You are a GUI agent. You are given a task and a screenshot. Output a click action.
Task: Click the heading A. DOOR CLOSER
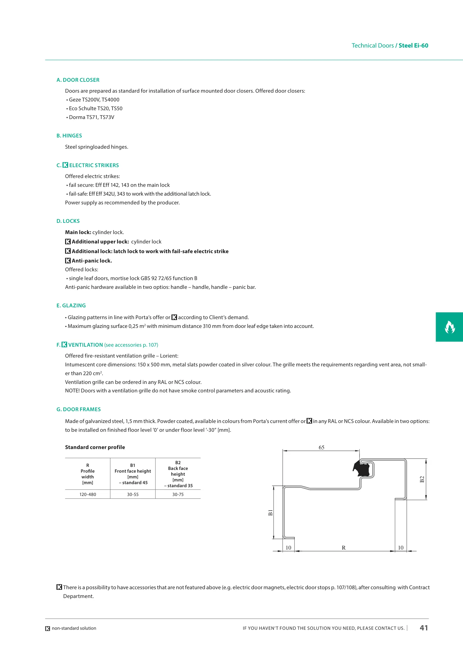pyautogui.click(x=78, y=80)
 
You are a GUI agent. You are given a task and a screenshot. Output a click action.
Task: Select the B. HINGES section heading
pyautogui.click(x=69, y=136)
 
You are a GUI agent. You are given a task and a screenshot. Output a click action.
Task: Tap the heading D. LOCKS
pyautogui.click(x=68, y=221)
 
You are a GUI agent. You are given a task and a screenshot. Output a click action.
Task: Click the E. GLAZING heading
pyautogui.click(x=71, y=306)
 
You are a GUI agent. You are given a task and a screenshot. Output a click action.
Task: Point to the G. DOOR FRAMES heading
pyautogui.click(x=79, y=409)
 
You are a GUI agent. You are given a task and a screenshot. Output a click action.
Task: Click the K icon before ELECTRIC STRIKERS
pyautogui.click(x=65, y=165)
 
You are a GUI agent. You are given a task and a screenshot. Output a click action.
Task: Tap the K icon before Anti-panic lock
pyautogui.click(x=68, y=261)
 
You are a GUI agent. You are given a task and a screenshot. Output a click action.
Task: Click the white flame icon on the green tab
pyautogui.click(x=450, y=327)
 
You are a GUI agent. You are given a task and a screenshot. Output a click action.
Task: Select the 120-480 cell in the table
pyautogui.click(x=88, y=494)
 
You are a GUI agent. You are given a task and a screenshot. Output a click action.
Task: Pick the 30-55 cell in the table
pyautogui.click(x=133, y=494)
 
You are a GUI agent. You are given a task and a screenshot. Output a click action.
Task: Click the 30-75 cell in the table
pyautogui.click(x=178, y=494)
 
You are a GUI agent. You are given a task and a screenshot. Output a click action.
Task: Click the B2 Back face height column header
pyautogui.click(x=178, y=474)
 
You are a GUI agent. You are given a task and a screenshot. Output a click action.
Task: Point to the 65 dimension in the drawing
pyautogui.click(x=321, y=448)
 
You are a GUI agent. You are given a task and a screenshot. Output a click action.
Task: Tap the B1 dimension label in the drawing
pyautogui.click(x=270, y=513)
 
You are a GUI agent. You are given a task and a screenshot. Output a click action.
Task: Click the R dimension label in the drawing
pyautogui.click(x=344, y=548)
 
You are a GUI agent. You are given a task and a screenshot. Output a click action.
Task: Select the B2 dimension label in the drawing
pyautogui.click(x=422, y=479)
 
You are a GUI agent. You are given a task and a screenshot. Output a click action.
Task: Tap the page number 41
pyautogui.click(x=424, y=628)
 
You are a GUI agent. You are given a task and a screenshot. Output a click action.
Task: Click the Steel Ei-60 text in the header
pyautogui.click(x=413, y=45)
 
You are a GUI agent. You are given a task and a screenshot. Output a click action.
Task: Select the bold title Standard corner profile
pyautogui.click(x=95, y=447)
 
